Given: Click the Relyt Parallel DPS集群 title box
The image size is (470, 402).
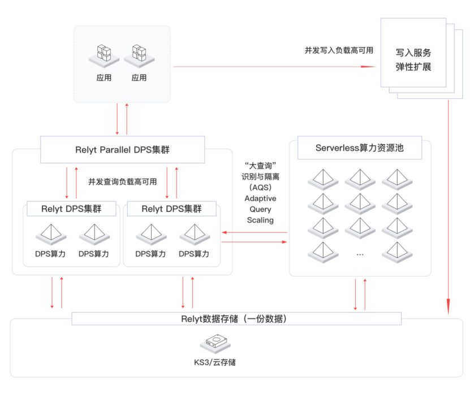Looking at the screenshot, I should click(122, 150).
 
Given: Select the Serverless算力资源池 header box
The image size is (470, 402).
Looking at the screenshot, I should click(360, 149).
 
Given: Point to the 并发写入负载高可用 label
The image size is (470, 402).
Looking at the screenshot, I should click(339, 50).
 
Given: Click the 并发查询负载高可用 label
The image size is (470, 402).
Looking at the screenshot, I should click(122, 182).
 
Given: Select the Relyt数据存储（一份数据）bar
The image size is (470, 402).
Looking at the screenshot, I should click(236, 319).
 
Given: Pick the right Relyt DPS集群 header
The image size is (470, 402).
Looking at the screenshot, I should click(171, 209).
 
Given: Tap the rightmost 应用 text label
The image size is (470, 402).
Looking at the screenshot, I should click(139, 78).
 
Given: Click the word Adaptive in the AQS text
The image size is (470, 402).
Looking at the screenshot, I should click(260, 198).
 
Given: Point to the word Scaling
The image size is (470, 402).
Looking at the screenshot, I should click(260, 220).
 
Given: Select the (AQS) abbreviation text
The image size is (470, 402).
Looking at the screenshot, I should click(260, 188).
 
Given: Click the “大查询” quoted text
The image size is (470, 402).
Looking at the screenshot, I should click(260, 166).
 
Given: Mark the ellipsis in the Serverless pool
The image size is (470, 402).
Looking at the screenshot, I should click(360, 254).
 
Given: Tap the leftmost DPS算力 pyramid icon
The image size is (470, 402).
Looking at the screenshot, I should click(50, 234).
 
